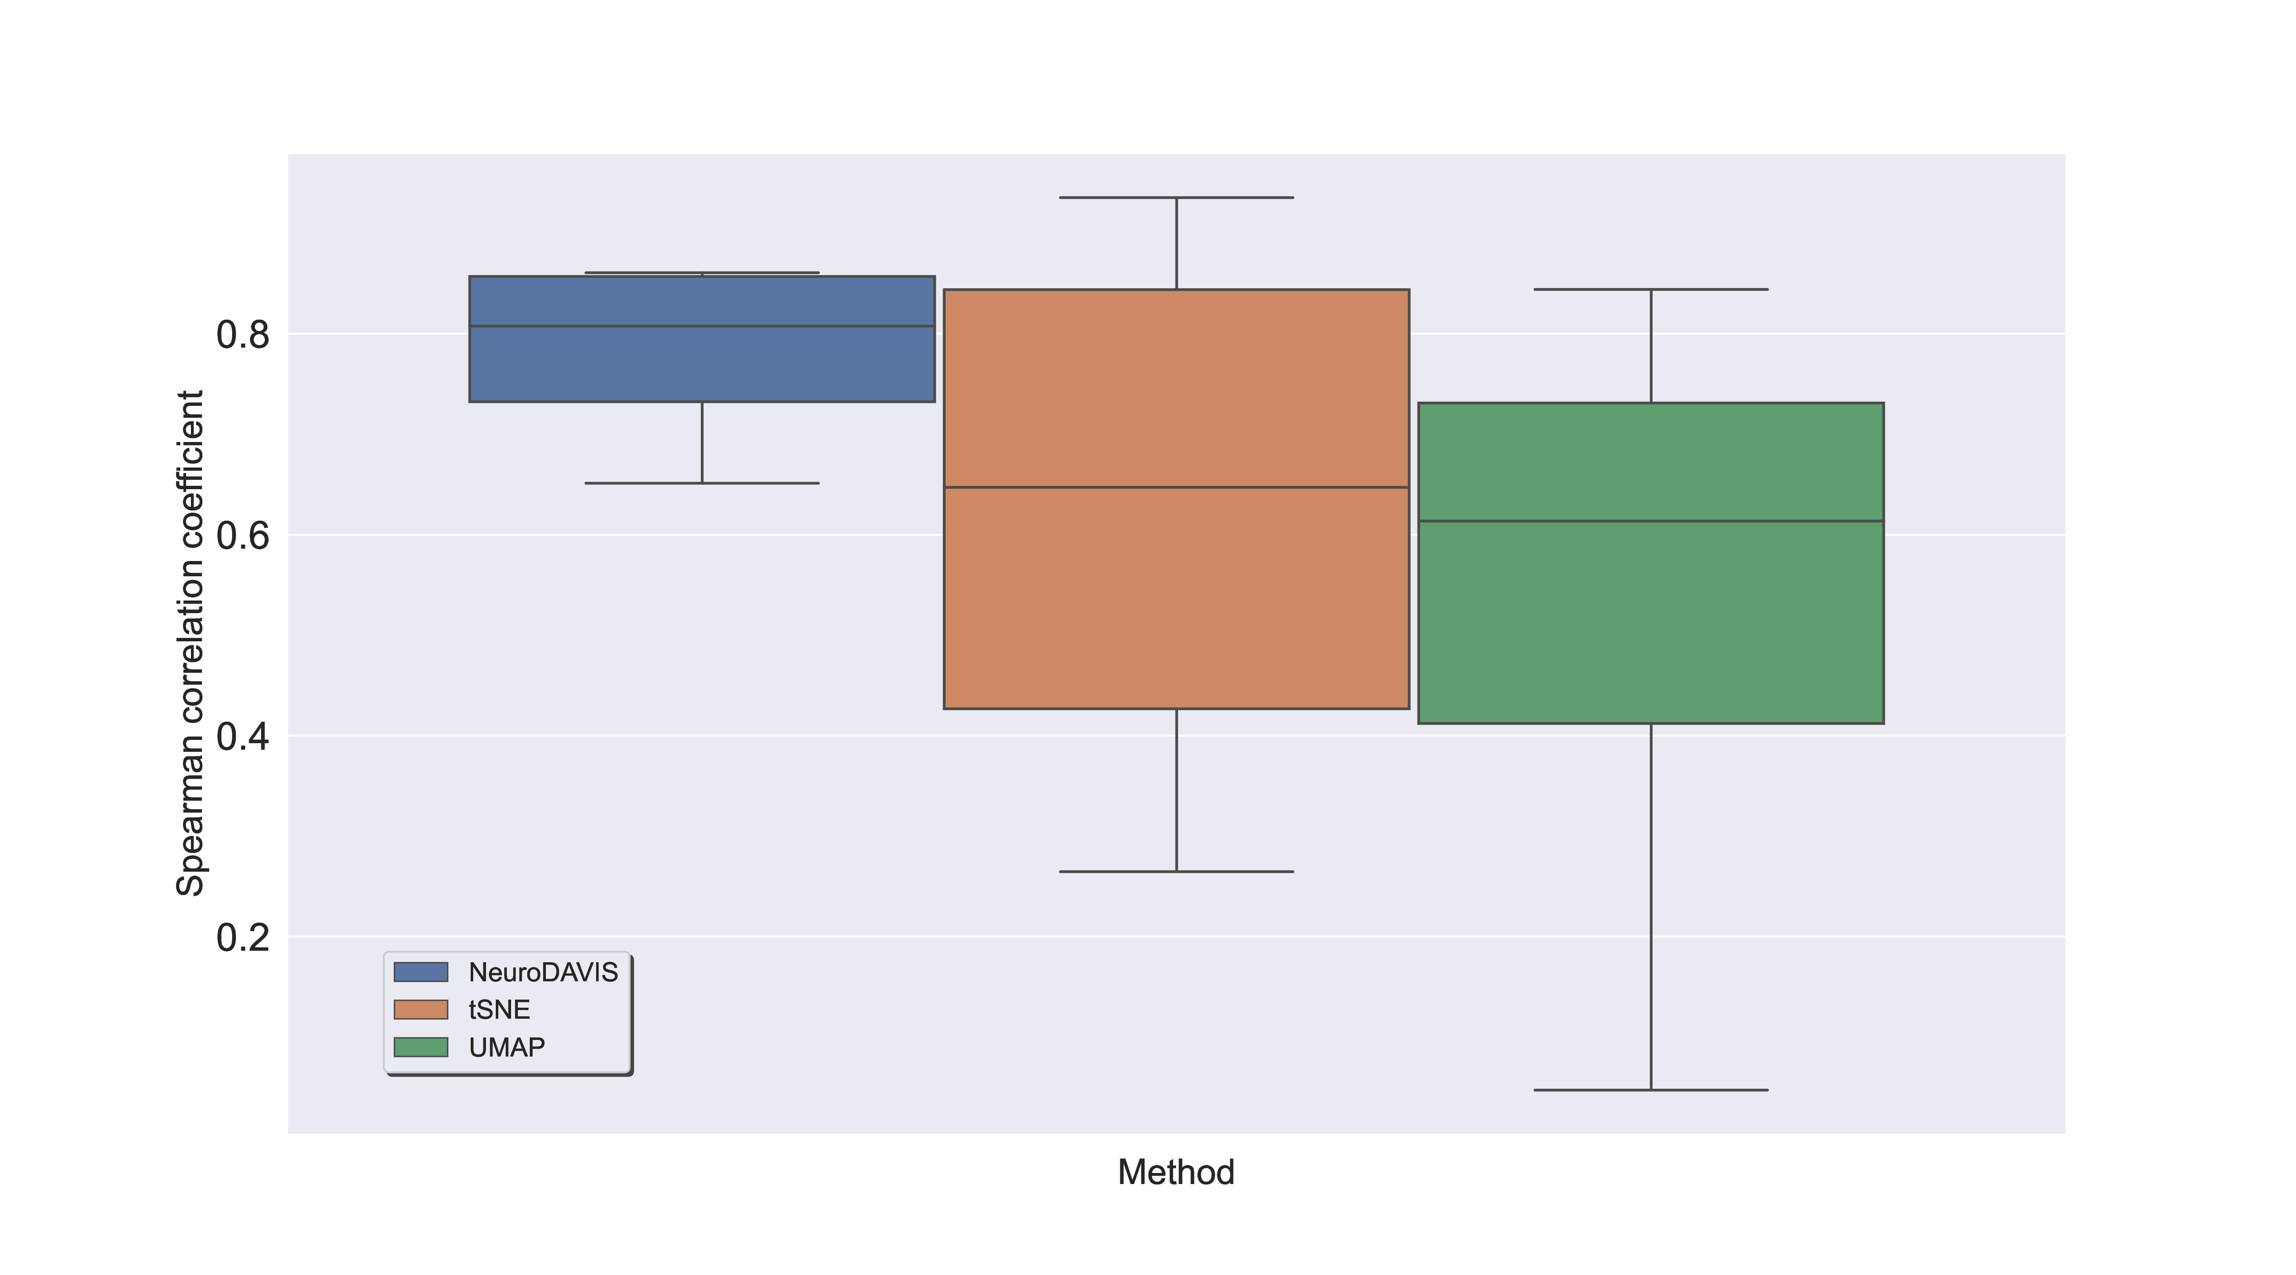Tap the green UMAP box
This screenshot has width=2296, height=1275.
[x=1651, y=563]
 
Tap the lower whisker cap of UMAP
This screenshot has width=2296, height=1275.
[x=1651, y=1090]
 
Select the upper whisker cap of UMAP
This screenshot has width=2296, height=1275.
[x=1651, y=289]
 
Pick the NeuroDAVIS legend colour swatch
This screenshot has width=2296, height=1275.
[x=421, y=972]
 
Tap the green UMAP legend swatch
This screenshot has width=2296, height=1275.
[x=421, y=1047]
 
